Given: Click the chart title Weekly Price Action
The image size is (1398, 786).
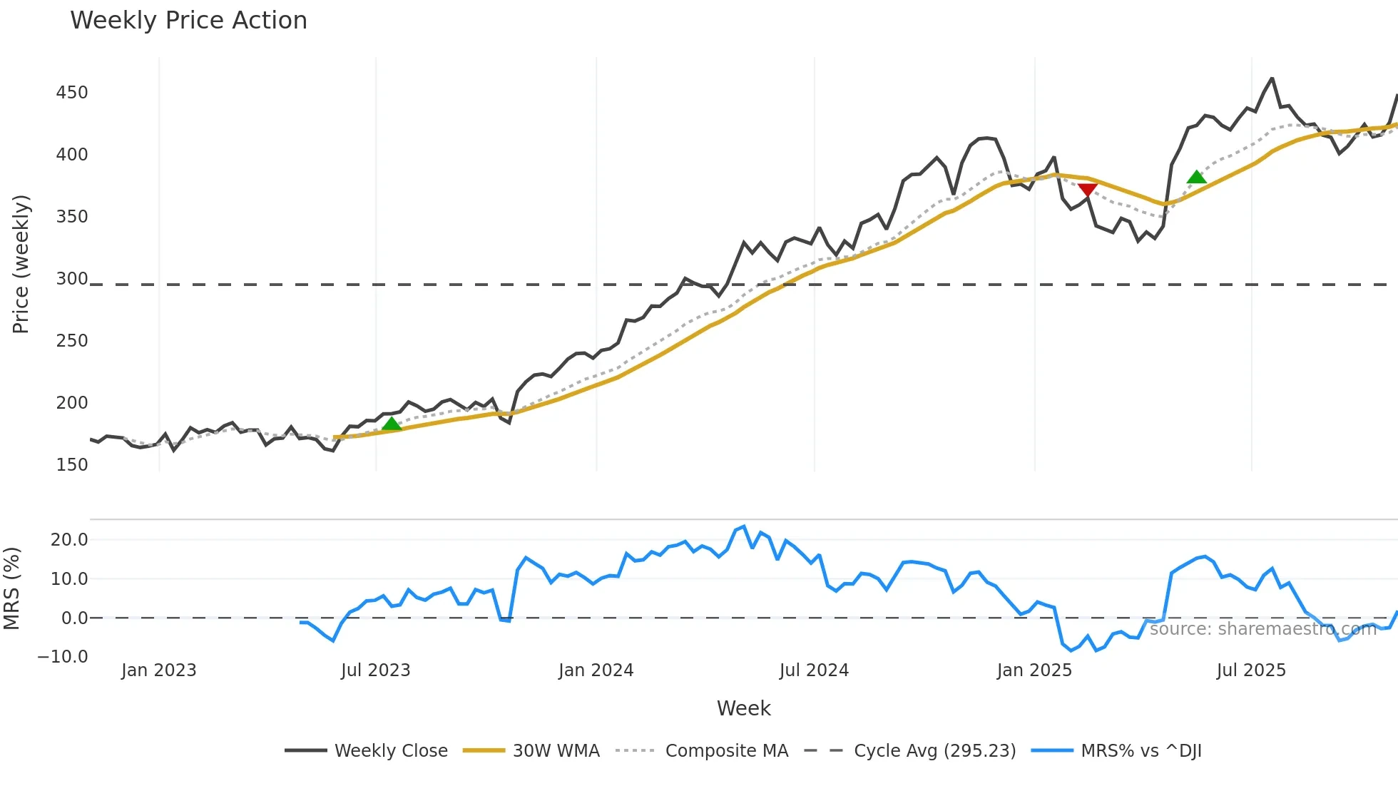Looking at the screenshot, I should point(188,21).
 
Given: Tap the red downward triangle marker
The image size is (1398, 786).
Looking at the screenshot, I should point(1088,190).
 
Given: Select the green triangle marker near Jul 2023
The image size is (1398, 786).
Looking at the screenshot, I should point(392,424).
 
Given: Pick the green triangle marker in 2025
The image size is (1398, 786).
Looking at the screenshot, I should point(1197,177).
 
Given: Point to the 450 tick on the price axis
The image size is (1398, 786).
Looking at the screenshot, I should point(72,93).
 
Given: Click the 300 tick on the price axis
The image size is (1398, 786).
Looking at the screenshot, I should point(72,279).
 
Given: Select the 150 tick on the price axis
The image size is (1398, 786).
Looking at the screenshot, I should point(72,465).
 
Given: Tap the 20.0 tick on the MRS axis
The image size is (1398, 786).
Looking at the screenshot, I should point(69,540).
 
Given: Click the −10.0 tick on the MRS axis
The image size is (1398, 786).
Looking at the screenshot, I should point(63,657).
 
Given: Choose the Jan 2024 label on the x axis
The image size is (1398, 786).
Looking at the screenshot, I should point(596,670).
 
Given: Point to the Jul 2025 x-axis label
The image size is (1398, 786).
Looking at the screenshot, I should point(1251,670).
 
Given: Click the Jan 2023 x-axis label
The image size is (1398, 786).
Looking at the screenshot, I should point(158,670).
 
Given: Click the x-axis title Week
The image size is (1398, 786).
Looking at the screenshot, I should point(743,708).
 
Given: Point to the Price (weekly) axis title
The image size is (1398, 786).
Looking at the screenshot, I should point(21,264).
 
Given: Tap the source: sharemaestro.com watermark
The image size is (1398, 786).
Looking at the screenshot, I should point(1262,629).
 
